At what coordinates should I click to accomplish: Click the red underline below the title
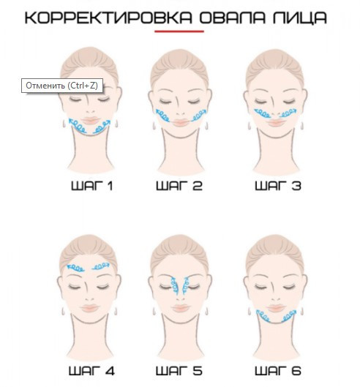(180, 32)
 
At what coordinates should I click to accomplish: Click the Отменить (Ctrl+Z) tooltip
(61, 86)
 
